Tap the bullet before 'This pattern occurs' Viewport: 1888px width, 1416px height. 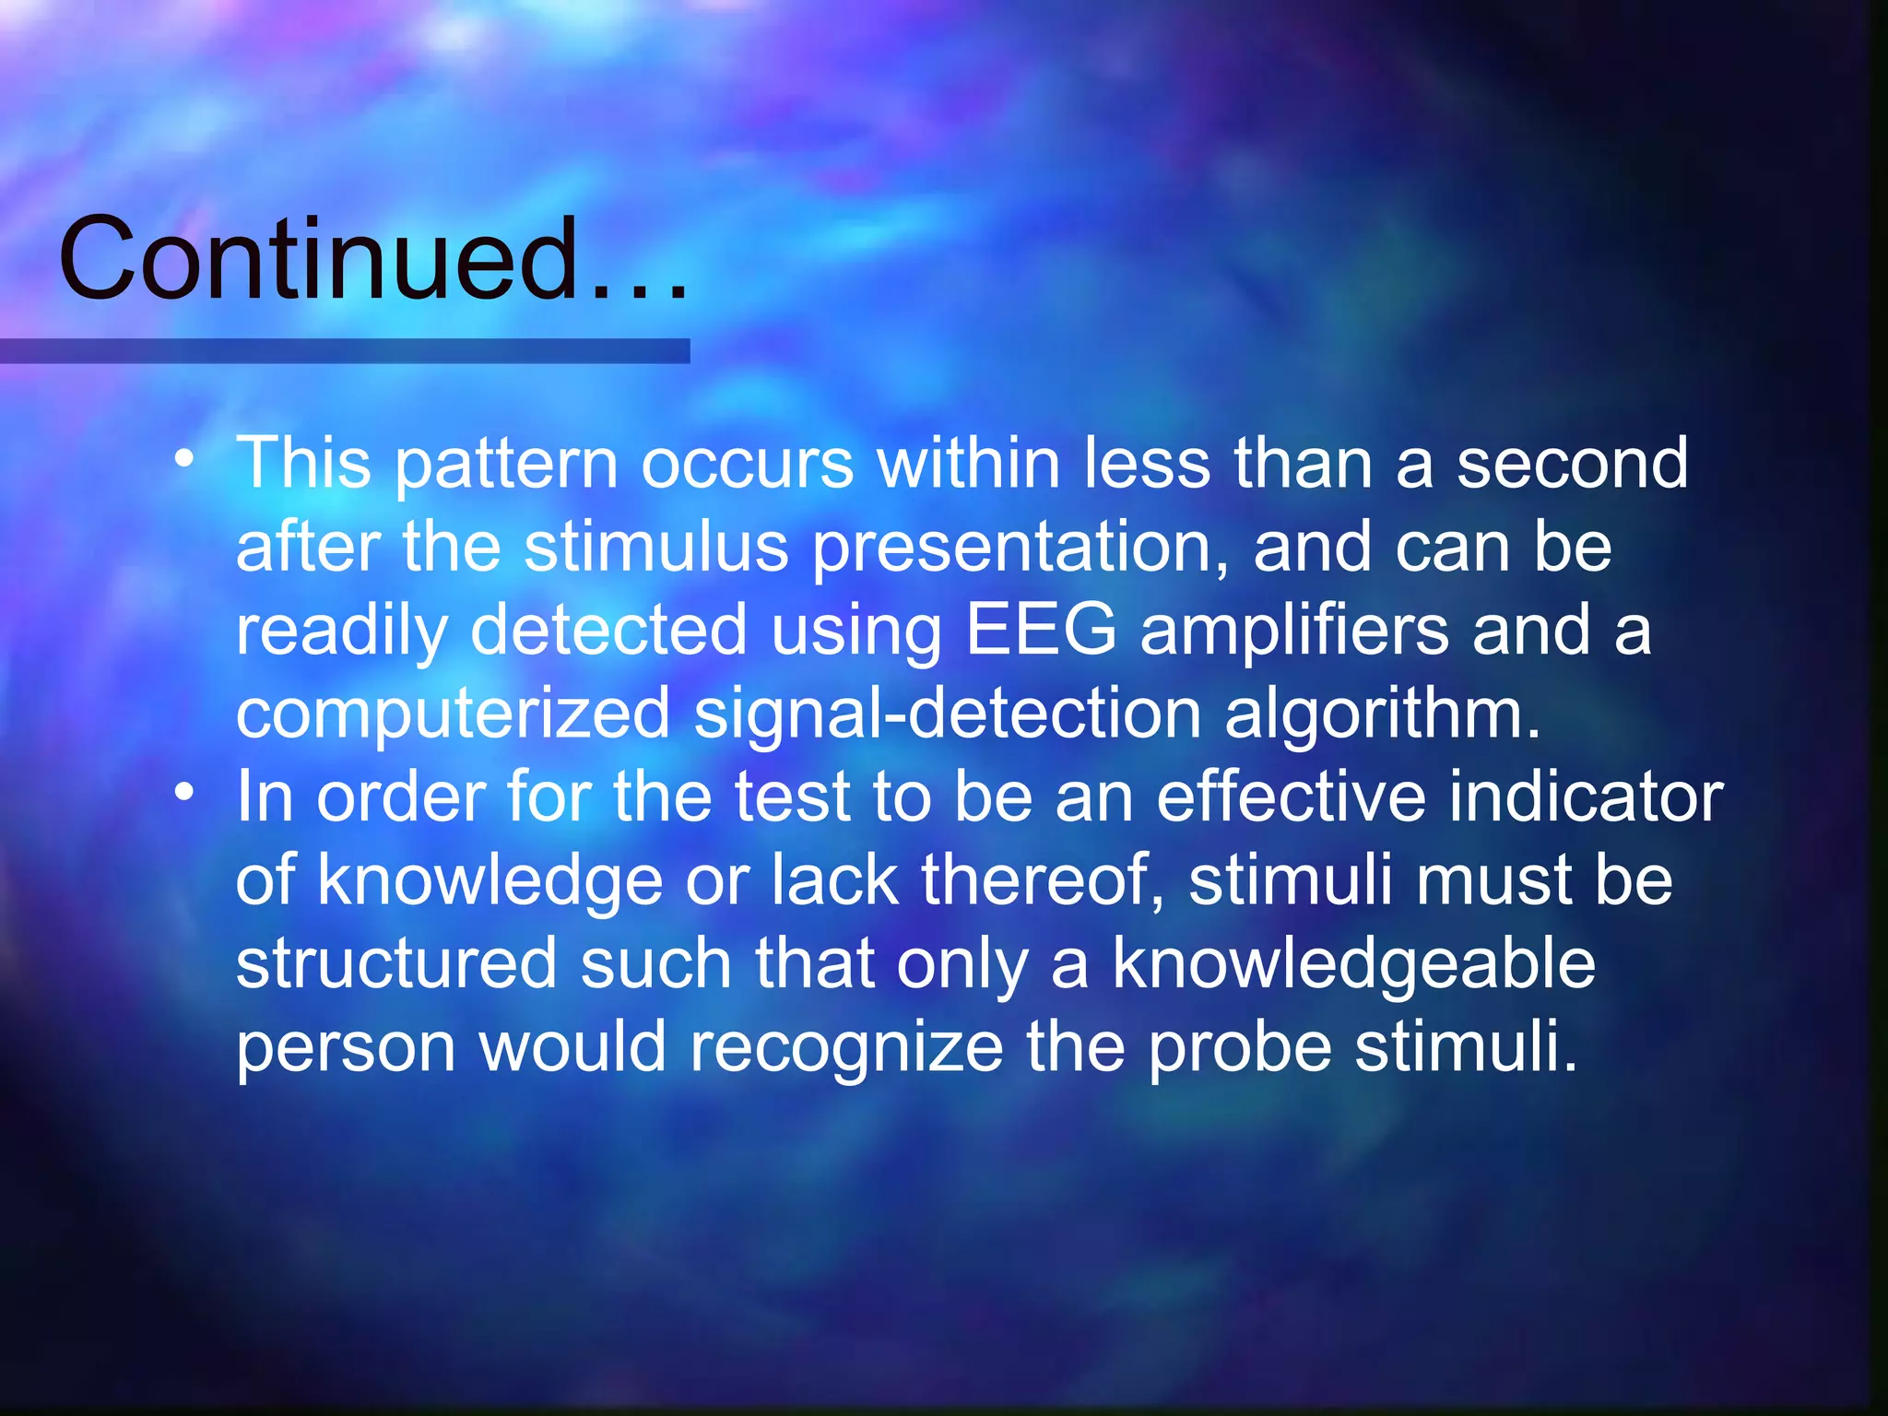click(x=185, y=457)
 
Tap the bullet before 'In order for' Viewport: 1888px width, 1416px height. click(x=185, y=791)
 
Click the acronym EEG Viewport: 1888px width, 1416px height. click(x=1041, y=630)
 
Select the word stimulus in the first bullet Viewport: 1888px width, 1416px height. click(x=655, y=547)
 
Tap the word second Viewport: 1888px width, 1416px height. click(x=1572, y=463)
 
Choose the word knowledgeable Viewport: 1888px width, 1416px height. click(x=1353, y=964)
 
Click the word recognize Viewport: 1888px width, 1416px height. click(x=846, y=1048)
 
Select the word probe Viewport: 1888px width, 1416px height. click(x=1239, y=1048)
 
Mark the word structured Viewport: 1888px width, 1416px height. click(x=396, y=963)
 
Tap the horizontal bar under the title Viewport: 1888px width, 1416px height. click(x=345, y=350)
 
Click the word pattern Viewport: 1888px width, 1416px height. click(x=506, y=465)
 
